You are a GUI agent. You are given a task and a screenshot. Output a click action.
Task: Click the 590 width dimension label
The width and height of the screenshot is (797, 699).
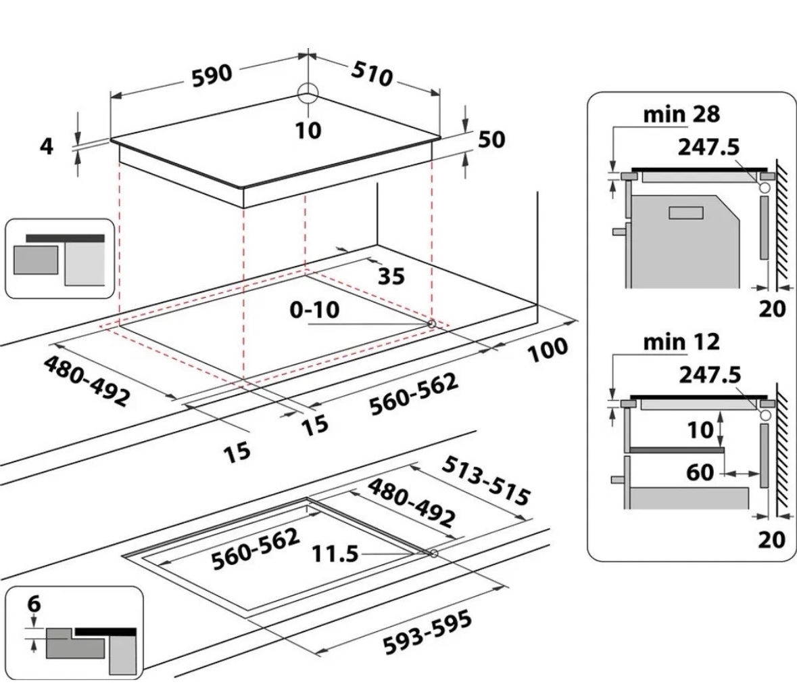212,75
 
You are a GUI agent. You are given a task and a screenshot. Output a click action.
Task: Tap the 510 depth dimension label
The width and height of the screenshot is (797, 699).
371,74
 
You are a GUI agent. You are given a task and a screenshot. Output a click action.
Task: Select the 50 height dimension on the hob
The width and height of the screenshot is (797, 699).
491,139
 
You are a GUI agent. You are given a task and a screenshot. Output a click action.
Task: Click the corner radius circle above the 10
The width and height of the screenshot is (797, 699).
308,94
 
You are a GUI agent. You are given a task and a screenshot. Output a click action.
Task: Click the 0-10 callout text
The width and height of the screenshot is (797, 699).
314,311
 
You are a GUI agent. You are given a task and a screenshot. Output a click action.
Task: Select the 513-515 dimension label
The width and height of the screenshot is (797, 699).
485,481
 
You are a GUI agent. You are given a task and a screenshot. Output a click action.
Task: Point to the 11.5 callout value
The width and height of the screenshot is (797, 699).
335,554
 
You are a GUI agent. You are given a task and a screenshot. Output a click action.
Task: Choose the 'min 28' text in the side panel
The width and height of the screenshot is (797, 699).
681,114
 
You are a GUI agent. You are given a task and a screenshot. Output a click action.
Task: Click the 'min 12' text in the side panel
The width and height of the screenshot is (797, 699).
681,342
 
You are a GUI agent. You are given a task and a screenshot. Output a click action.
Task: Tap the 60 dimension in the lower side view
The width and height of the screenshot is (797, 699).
700,472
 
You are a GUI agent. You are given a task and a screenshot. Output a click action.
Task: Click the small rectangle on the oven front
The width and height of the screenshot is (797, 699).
686,213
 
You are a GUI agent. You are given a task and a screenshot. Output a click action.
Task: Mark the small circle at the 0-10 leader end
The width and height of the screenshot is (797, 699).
430,324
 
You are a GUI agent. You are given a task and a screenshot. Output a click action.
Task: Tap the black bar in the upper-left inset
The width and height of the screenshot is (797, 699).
66,238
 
